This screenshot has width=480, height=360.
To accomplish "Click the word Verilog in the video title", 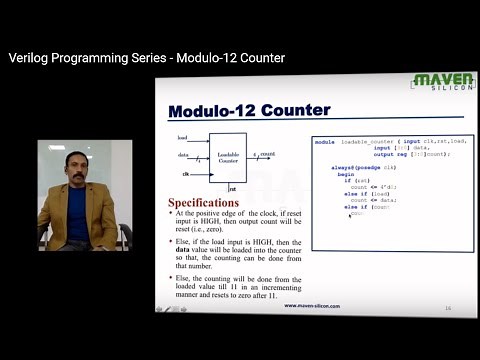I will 30,58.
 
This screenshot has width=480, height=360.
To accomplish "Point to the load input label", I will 182,137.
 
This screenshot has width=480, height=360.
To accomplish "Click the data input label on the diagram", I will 183,155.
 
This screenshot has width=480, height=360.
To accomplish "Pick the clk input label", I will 185,174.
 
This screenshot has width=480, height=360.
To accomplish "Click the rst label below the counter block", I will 232,188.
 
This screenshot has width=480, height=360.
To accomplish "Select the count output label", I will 266,155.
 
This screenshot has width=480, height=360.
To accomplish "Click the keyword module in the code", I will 324,142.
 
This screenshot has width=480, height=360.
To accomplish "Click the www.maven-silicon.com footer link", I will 312,305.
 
